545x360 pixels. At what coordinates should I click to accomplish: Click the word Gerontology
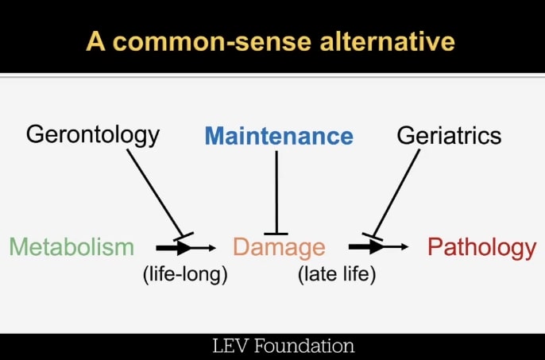click(x=93, y=134)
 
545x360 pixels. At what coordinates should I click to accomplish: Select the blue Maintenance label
click(x=279, y=136)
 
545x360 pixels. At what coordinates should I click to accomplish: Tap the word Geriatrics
click(x=449, y=135)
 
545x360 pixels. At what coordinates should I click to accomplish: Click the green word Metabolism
click(x=72, y=247)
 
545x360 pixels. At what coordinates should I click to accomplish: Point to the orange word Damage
click(x=279, y=247)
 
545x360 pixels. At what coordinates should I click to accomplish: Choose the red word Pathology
click(x=481, y=247)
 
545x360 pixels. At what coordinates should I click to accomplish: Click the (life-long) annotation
click(x=185, y=275)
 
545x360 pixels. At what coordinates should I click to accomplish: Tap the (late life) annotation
click(x=336, y=275)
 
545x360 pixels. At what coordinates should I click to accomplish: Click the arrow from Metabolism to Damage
click(x=186, y=248)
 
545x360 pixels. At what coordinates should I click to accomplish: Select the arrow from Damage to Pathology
click(x=378, y=247)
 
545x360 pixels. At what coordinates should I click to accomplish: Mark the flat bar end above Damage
click(x=276, y=231)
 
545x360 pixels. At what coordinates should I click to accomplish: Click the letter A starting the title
click(x=96, y=41)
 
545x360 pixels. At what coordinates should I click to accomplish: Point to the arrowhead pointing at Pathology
click(x=404, y=247)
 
